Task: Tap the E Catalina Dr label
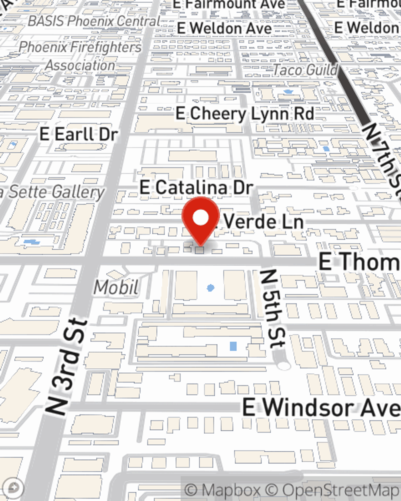(x=196, y=188)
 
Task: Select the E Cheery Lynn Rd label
(x=245, y=114)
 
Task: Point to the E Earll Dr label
(x=79, y=134)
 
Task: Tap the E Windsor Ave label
(x=321, y=408)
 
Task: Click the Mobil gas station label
(x=116, y=287)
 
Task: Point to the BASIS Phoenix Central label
(x=94, y=21)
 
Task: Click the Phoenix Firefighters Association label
(x=80, y=56)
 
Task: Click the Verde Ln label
(x=263, y=222)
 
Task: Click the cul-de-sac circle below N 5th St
(x=284, y=365)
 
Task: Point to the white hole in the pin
(x=200, y=218)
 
